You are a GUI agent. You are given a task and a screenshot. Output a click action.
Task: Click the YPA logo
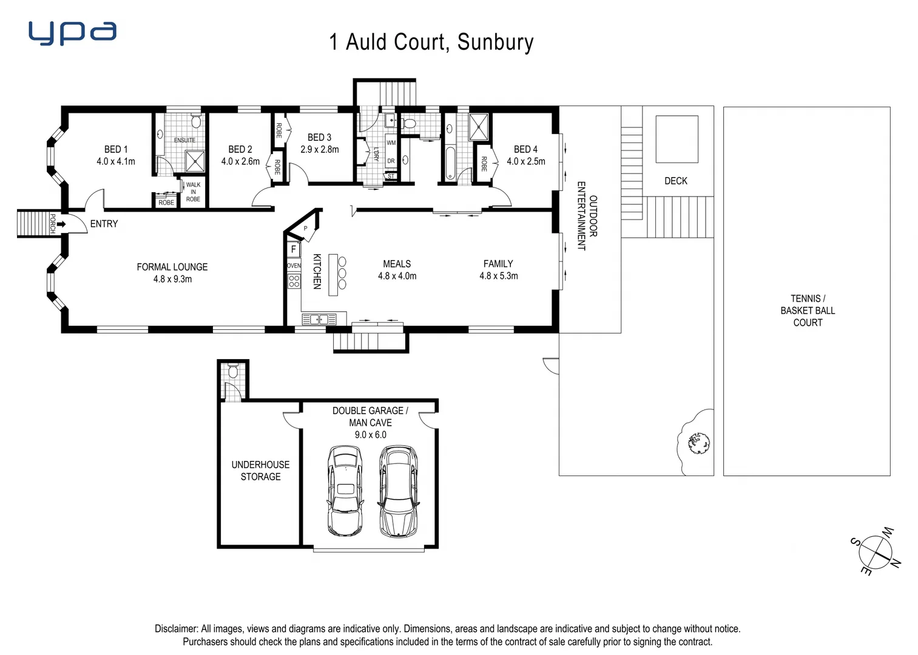[72, 33]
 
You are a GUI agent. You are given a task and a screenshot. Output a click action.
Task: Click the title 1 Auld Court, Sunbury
[431, 42]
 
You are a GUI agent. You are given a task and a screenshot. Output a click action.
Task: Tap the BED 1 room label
[116, 149]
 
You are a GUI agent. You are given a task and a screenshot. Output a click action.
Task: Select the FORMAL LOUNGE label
[172, 267]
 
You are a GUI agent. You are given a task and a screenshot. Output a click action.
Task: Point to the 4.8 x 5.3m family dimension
[498, 276]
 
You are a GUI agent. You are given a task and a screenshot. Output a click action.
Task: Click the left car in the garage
[345, 491]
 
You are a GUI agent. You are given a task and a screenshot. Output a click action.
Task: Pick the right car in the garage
[398, 491]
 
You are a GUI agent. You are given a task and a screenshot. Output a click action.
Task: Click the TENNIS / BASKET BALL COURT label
[808, 311]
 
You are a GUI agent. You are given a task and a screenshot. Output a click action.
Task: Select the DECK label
[675, 181]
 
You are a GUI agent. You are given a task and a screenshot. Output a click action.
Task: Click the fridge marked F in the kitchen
[294, 249]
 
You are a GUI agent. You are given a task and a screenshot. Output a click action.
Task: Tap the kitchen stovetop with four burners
[294, 281]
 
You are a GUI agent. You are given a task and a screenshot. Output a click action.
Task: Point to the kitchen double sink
[319, 319]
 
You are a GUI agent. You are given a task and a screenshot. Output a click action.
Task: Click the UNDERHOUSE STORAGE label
[260, 471]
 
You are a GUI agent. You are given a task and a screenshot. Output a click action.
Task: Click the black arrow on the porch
[61, 224]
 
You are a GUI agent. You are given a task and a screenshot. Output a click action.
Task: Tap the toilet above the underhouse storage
[233, 371]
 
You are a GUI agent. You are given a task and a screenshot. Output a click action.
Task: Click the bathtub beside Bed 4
[450, 163]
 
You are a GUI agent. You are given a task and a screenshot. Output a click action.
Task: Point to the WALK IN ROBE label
[193, 192]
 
